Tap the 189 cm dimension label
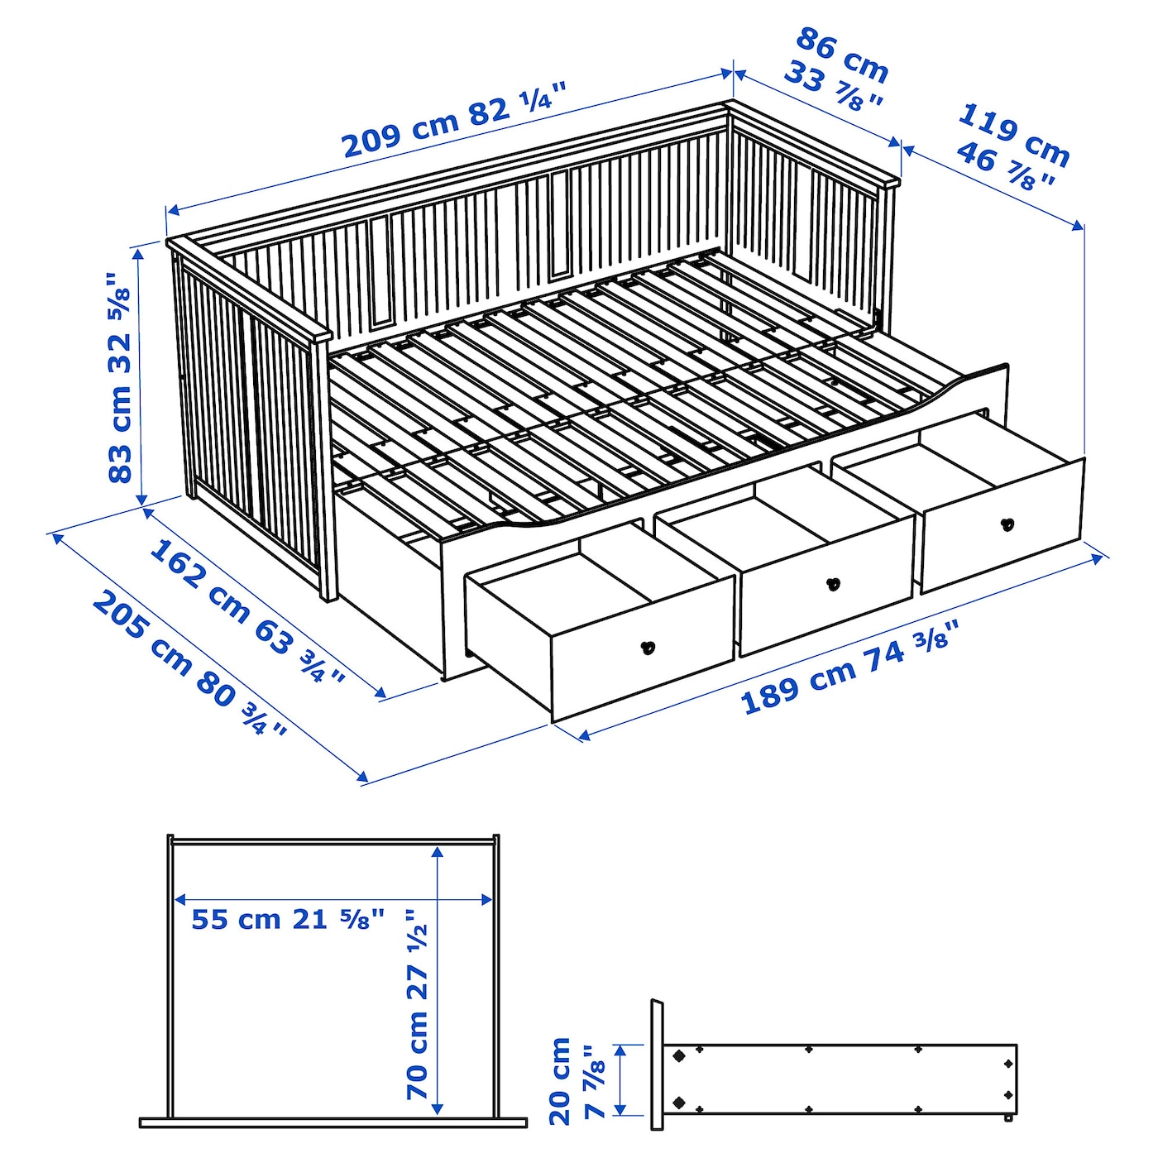coord(798,687)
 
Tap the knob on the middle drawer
coord(833,584)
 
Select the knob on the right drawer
coord(1007,524)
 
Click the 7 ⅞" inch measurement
coord(596,1082)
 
